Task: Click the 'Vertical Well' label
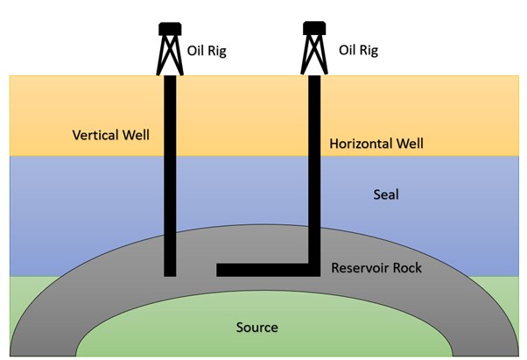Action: (x=111, y=135)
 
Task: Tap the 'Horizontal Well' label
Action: (x=376, y=144)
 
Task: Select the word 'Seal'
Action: (x=386, y=194)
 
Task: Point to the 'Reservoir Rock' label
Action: (x=376, y=268)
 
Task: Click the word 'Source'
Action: (x=256, y=328)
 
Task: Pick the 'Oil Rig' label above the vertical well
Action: (x=207, y=51)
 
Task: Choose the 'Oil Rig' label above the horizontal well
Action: (x=358, y=51)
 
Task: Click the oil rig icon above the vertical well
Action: (x=170, y=49)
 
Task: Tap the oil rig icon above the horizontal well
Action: (x=314, y=48)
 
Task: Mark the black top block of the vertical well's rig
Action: (x=170, y=29)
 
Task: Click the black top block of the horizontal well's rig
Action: (x=314, y=28)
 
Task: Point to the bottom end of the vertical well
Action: (x=170, y=276)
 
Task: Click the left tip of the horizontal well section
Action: (x=217, y=270)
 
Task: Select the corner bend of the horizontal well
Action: (x=314, y=270)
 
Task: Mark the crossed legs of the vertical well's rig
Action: (x=170, y=55)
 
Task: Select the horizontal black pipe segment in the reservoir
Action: (x=268, y=270)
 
